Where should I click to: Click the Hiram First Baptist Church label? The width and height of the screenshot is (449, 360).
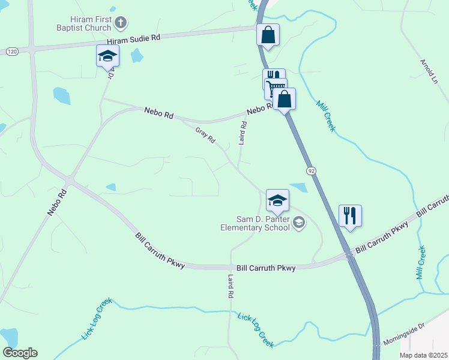[x=82, y=23]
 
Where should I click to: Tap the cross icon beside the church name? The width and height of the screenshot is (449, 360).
[x=120, y=23]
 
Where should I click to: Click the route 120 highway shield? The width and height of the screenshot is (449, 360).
[x=11, y=52]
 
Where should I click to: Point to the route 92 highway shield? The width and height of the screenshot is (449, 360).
[x=311, y=171]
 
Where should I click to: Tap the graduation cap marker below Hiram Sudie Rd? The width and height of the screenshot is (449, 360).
[x=107, y=56]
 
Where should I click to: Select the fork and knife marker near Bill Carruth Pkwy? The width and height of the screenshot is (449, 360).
[x=350, y=215]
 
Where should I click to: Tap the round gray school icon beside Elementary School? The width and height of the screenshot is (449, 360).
[x=299, y=224]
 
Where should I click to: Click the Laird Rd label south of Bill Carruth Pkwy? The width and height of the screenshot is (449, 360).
[x=230, y=287]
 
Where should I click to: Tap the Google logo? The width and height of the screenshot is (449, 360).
[x=20, y=353]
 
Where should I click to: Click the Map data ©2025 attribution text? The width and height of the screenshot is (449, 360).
[x=423, y=355]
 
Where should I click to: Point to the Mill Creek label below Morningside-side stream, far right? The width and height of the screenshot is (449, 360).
[x=421, y=262]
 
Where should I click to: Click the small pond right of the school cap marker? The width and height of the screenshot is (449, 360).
[x=298, y=187]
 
